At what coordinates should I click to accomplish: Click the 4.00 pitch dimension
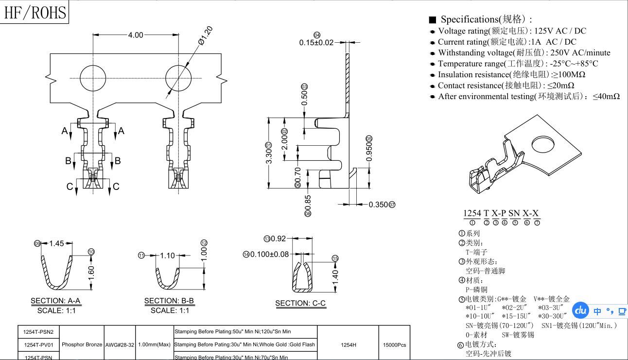coord(136,35)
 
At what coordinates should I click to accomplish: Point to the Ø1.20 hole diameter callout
coord(206,36)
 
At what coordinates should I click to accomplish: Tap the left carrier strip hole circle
coord(93,78)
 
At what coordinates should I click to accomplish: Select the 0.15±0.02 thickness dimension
coord(316,42)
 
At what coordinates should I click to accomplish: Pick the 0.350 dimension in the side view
coord(378,205)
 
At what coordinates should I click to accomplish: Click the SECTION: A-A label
coord(55,301)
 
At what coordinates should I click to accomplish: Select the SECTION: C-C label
coord(300,303)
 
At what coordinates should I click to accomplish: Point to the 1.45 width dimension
coord(56,243)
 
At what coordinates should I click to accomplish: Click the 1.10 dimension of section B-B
coord(167,256)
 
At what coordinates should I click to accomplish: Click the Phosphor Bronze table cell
coord(82,344)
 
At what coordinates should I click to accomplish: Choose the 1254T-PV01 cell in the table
coord(38,344)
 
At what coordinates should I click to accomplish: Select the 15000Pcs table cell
coord(394,344)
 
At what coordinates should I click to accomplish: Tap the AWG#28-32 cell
coord(119,344)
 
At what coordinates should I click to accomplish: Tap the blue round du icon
coord(581,310)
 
